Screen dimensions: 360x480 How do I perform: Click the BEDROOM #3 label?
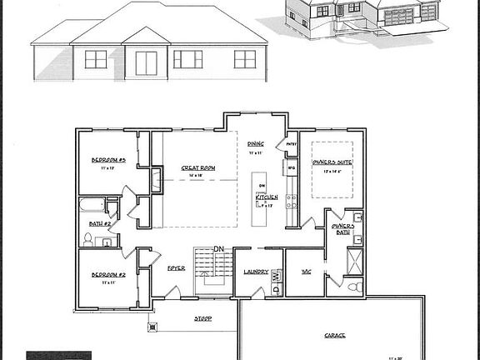(108, 159)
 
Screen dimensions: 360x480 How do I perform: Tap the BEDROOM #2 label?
(108, 274)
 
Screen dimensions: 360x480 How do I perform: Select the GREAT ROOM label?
(198, 167)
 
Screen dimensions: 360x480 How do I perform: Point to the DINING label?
(255, 144)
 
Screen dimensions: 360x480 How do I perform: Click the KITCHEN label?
(267, 197)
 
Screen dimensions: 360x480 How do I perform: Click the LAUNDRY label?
(255, 272)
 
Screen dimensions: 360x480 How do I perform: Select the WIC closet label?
(306, 272)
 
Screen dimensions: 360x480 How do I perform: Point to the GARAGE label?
(335, 336)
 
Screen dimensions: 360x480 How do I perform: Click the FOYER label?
(176, 268)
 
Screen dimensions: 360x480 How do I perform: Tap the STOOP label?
(202, 317)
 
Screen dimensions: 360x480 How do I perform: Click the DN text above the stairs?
(218, 248)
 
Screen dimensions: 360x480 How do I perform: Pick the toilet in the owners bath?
(356, 287)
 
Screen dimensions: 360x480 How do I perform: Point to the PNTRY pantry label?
(292, 144)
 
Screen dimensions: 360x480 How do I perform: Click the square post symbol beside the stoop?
(152, 327)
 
